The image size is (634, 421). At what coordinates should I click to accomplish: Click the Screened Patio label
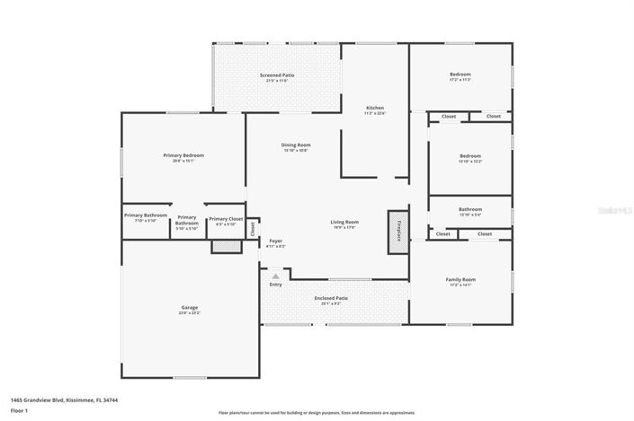(277, 77)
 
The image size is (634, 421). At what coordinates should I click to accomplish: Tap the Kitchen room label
(374, 109)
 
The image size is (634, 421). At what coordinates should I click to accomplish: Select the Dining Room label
(295, 146)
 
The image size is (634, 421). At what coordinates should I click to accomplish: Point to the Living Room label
(344, 224)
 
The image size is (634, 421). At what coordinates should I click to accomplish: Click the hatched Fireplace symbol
(396, 226)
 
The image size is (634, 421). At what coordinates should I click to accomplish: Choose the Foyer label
(276, 242)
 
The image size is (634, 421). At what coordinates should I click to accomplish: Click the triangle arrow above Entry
(275, 276)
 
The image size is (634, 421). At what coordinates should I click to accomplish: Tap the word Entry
(275, 285)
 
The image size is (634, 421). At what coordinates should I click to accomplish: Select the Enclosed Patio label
(331, 300)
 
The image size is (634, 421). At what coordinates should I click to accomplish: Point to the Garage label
(189, 310)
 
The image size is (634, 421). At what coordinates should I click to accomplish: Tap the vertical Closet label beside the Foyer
(253, 228)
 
